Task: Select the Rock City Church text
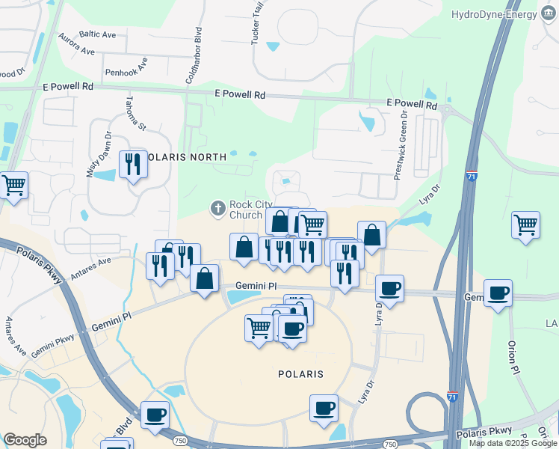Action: click(x=245, y=210)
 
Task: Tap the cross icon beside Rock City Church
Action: click(x=218, y=209)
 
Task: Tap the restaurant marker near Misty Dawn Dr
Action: click(x=133, y=164)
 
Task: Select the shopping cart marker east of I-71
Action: click(x=526, y=224)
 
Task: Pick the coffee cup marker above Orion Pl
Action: click(x=498, y=293)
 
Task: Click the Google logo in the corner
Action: click(x=25, y=440)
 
